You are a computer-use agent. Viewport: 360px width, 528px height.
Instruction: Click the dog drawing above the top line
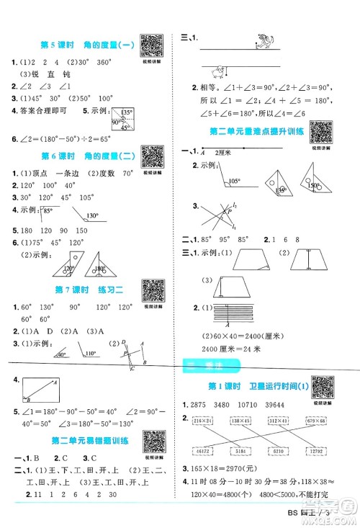pyautogui.click(x=263, y=45)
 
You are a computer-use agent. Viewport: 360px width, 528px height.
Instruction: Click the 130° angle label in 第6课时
pyautogui.click(x=92, y=215)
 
